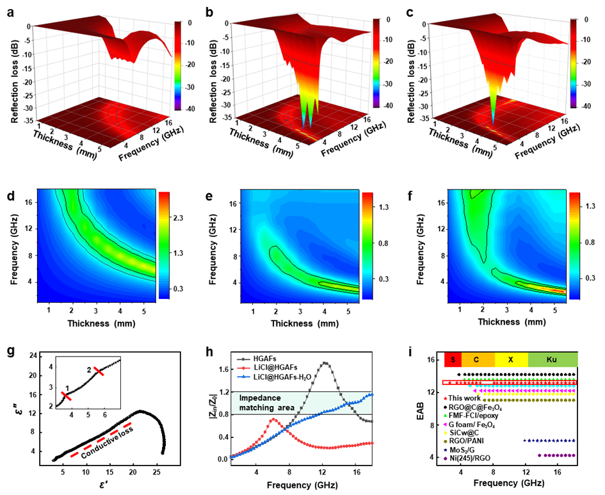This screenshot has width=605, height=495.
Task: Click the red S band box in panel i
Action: click(x=452, y=359)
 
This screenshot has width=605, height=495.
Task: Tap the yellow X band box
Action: click(x=511, y=359)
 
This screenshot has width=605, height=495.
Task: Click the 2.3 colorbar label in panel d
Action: click(x=179, y=218)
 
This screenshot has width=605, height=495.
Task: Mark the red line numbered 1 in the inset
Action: click(x=67, y=396)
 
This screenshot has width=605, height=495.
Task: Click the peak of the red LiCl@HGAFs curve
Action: click(x=273, y=419)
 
